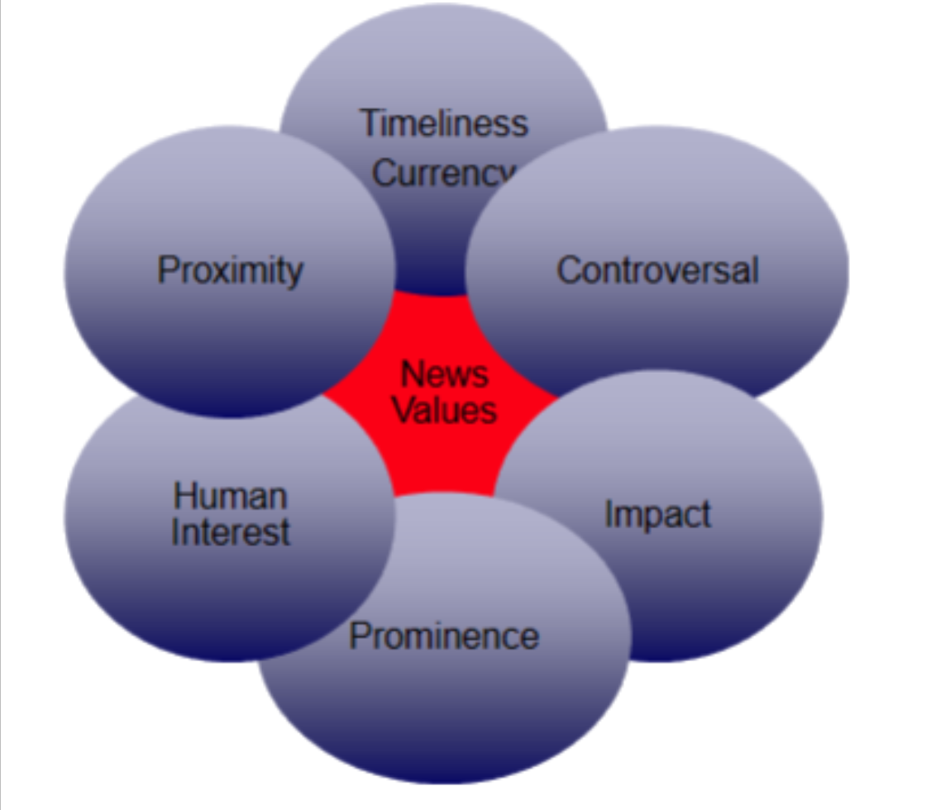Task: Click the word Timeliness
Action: click(x=444, y=123)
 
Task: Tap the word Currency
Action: click(x=440, y=173)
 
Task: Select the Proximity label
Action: click(x=231, y=270)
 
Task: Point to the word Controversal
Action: click(x=657, y=270)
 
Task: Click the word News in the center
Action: click(x=444, y=374)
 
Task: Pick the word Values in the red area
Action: click(x=445, y=410)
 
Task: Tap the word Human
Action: click(x=231, y=496)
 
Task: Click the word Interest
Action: click(x=231, y=531)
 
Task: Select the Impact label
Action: click(x=657, y=514)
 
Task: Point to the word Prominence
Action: click(x=444, y=636)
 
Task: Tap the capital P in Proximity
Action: click(x=168, y=270)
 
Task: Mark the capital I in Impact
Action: click(x=609, y=514)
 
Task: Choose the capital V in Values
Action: click(x=403, y=410)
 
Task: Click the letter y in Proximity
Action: click(x=294, y=274)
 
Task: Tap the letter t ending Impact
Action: click(x=705, y=514)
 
